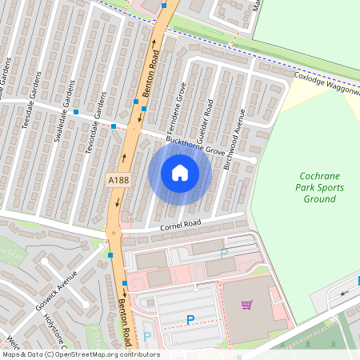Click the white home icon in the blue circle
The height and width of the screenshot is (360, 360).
tap(180, 173)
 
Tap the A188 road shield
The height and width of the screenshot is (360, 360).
tap(118, 182)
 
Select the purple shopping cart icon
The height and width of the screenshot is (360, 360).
tap(246, 305)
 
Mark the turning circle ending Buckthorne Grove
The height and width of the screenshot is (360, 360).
tap(253, 160)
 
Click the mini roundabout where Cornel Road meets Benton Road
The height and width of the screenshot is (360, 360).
tap(113, 234)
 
